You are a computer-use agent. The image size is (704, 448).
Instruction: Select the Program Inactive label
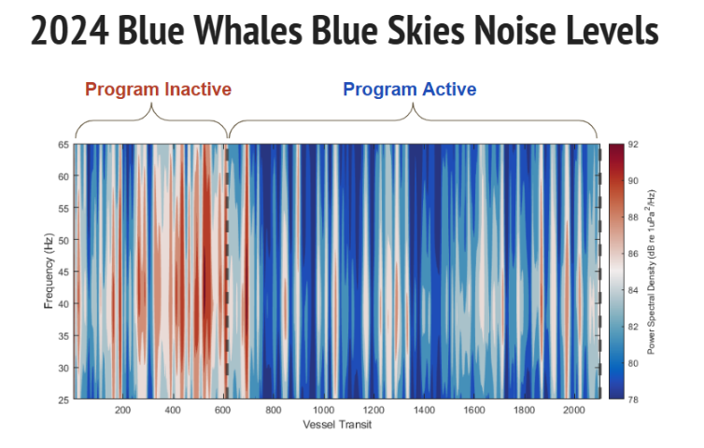(158, 90)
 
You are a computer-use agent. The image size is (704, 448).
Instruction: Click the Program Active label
(410, 90)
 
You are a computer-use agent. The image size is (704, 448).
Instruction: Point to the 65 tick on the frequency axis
(63, 145)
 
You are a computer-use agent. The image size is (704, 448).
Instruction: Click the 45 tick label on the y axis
(63, 273)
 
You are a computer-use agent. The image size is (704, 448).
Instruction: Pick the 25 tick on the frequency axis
(63, 399)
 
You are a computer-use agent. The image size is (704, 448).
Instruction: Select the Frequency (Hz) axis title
(48, 272)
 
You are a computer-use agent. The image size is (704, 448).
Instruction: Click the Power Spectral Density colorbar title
(651, 272)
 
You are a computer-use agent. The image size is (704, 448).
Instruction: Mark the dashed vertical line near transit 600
(226, 272)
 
